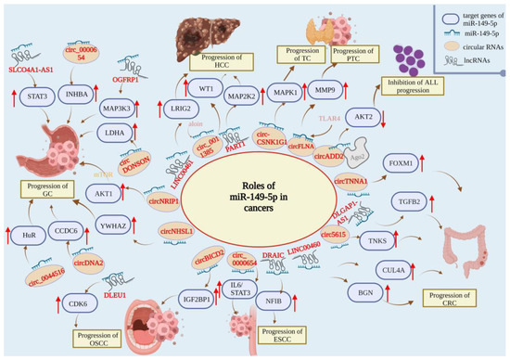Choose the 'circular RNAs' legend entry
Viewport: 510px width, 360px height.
tap(461, 49)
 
